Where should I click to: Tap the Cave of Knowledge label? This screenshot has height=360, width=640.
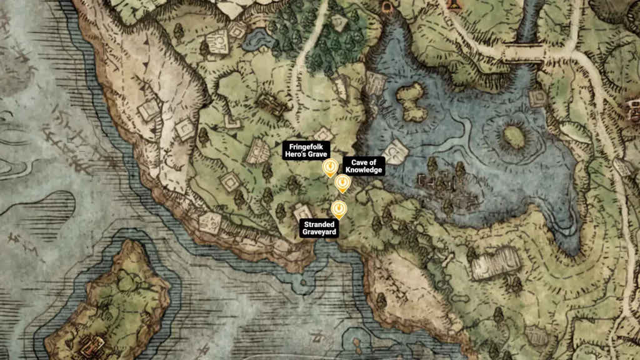(363, 166)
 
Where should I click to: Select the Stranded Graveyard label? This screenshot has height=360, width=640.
(320, 228)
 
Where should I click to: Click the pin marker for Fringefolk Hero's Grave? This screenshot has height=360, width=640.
(329, 167)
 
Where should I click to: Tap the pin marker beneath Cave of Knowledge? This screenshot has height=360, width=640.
(342, 183)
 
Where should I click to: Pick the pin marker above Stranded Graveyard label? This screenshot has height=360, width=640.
(338, 208)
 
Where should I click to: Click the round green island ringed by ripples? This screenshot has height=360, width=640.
(513, 137)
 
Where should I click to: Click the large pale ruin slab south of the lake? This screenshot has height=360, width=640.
(497, 262)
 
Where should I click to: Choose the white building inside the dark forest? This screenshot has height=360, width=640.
(339, 23)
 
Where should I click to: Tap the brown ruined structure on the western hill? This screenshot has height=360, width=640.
(271, 104)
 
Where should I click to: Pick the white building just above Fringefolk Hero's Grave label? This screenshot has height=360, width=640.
(324, 134)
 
